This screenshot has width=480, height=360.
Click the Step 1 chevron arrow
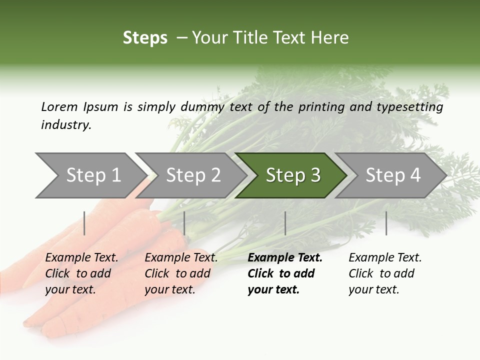point(90,175)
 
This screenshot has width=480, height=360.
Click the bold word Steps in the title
point(145,38)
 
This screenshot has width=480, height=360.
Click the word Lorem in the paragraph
point(59,107)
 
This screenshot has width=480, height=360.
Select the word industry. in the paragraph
point(66,125)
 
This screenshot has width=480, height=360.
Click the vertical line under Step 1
point(84,223)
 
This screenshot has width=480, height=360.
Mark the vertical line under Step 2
point(184,223)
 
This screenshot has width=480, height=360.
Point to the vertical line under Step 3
point(285,223)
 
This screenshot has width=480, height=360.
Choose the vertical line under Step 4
point(386,223)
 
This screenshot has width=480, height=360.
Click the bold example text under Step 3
point(284,273)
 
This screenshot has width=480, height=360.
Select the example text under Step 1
point(81,273)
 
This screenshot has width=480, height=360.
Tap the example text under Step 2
point(180,273)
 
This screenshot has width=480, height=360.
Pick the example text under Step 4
point(384,273)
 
